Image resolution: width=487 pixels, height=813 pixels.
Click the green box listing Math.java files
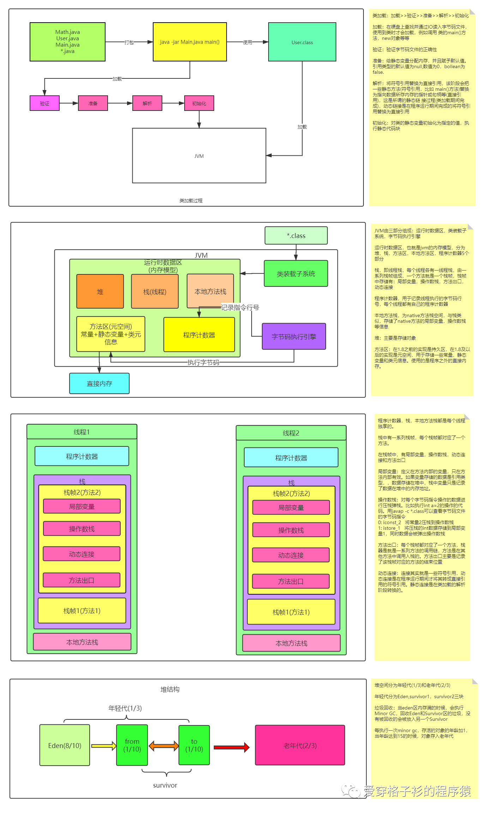pos(67,42)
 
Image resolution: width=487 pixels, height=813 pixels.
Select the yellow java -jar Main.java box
pos(190,42)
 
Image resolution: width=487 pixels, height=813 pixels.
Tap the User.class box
pos(302,42)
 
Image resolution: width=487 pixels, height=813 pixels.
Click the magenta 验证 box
pos(44,103)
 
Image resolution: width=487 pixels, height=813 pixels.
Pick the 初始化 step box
pos(199,103)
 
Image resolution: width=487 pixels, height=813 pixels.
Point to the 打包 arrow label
pos(129,42)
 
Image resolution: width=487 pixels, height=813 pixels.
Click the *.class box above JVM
pos(296,236)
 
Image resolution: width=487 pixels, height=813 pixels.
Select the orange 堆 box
pos(100,291)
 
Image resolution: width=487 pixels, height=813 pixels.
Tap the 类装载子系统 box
pos(296,273)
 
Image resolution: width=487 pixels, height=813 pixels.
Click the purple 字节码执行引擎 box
pos(294,336)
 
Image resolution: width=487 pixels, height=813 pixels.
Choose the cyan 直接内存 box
pos(99,383)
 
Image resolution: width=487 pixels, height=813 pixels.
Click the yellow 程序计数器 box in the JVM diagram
pos(199,334)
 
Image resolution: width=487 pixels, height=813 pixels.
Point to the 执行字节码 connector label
pos(203,362)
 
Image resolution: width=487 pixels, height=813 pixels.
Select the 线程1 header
pos(82,432)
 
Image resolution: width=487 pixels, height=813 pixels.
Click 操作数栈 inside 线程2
pos(291,530)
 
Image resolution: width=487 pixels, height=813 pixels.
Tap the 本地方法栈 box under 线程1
pos(82,642)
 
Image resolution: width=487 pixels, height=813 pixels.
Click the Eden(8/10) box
pos(65,745)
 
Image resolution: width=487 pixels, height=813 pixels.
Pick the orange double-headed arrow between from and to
pos(163,746)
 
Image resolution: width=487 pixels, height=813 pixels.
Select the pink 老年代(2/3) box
pos(300,745)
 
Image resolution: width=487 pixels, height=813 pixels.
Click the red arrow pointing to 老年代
pos(232,747)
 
